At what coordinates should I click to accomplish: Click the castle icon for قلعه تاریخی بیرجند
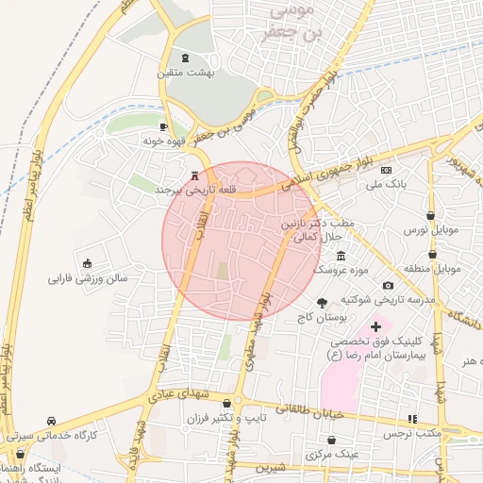tap(195, 175)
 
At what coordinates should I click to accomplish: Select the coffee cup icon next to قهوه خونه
tap(162, 126)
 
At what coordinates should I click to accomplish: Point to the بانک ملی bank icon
tap(386, 170)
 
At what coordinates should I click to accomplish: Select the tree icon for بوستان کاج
tap(324, 303)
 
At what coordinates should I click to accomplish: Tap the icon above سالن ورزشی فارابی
tap(88, 263)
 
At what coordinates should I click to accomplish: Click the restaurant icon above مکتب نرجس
tap(411, 419)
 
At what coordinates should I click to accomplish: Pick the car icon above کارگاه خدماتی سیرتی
tap(51, 421)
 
